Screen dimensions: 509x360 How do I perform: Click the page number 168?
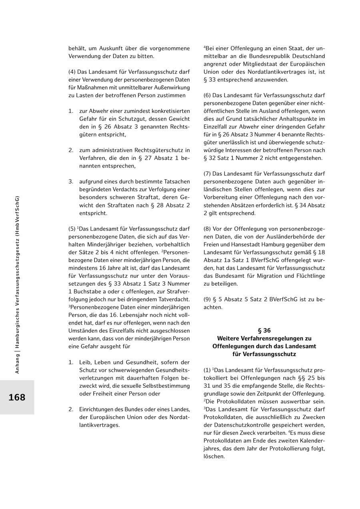tap(17, 397)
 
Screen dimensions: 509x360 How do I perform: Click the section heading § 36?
tap(264, 331)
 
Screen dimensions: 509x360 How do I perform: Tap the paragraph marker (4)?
tap(72, 72)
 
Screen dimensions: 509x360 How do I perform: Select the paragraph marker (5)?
tap(72, 229)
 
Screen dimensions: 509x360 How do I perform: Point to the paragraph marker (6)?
tap(207, 96)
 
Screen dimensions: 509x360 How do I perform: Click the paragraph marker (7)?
tap(207, 174)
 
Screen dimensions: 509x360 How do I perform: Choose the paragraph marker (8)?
tap(207, 229)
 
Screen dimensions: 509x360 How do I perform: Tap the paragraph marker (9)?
tap(207, 299)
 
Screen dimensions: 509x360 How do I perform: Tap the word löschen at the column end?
tap(214, 456)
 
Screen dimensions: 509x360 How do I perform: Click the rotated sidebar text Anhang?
tap(17, 363)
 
